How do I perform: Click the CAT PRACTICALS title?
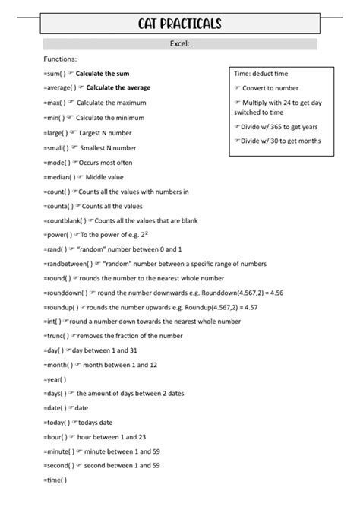(x=179, y=25)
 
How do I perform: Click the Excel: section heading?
(x=179, y=44)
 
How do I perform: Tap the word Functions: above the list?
(x=60, y=59)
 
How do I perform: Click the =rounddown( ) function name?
(x=65, y=293)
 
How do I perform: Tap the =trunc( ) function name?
(x=56, y=335)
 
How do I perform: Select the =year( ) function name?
(x=55, y=379)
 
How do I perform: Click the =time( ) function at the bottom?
(x=55, y=480)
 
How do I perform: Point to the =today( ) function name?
(x=56, y=423)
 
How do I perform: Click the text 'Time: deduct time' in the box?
(x=261, y=74)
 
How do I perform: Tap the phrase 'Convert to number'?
(x=271, y=88)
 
